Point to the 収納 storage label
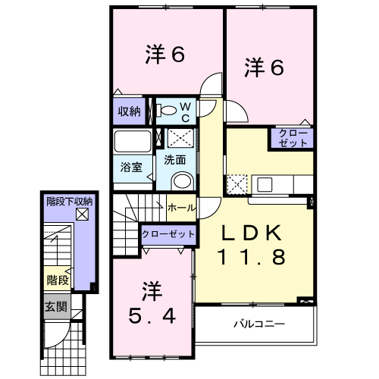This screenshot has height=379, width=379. [x=130, y=111]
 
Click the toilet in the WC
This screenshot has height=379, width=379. [x=168, y=112]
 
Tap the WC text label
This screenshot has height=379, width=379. [x=186, y=112]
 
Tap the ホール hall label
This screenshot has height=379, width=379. [x=180, y=207]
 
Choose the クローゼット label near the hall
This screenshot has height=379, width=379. [x=167, y=234]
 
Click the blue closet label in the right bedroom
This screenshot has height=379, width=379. [x=293, y=139]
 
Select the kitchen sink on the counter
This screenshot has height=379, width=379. [x=265, y=184]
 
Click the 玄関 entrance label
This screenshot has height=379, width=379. [x=55, y=307]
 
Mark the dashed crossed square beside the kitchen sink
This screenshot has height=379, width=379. [x=236, y=184]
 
